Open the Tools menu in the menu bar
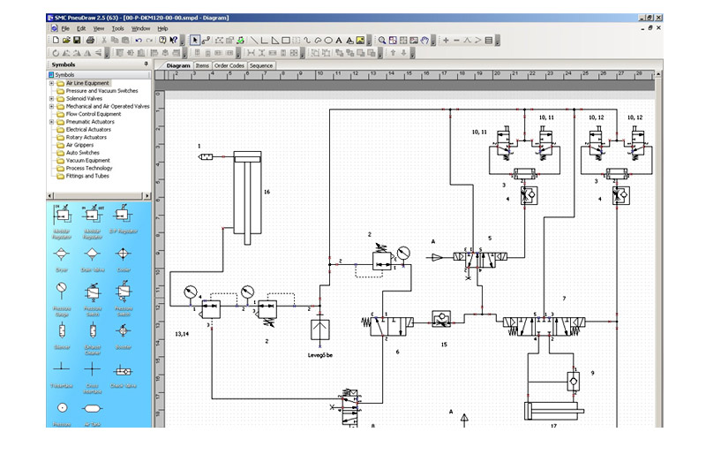[117, 28]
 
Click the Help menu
[162, 28]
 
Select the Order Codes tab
[229, 65]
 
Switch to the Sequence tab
[261, 65]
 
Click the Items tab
[202, 65]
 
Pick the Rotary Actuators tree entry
[86, 137]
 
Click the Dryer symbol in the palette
[62, 254]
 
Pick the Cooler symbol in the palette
[124, 254]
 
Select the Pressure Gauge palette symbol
[62, 291]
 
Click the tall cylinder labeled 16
[247, 199]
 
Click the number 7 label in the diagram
[563, 298]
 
